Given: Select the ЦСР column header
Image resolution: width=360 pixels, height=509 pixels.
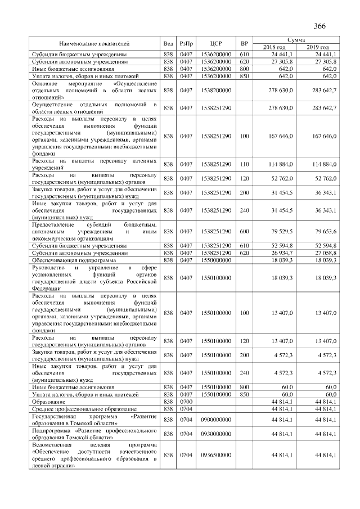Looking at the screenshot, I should (213, 43).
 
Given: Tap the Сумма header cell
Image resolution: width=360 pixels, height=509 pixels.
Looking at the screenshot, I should (296, 40).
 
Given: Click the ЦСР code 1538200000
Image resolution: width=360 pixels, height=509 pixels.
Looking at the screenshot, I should (213, 89).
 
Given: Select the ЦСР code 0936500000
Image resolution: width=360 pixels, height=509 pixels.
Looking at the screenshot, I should (213, 454).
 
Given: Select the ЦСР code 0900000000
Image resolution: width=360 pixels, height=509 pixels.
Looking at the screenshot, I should (213, 420).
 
